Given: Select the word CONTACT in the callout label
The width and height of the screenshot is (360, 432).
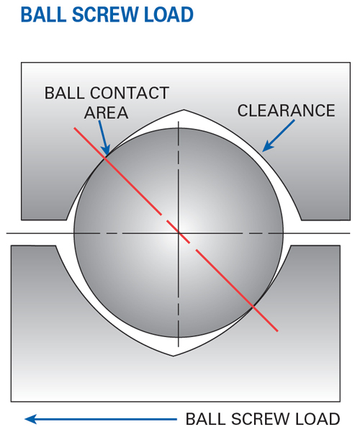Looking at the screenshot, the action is [x=130, y=93].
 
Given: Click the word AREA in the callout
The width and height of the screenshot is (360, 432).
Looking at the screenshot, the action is [x=107, y=113].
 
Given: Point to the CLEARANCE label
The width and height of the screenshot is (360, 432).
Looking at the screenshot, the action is [x=286, y=110].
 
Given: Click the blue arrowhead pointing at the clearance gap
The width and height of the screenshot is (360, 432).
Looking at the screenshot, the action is [x=267, y=147].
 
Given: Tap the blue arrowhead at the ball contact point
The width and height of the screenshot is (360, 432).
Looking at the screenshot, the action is [x=106, y=150].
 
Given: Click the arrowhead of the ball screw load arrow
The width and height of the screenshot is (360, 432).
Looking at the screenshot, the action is [x=31, y=419].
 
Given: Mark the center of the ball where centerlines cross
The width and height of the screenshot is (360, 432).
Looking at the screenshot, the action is [x=179, y=233].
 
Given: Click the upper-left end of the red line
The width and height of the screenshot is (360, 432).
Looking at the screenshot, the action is [x=74, y=128].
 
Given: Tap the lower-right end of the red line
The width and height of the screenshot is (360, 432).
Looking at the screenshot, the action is [x=277, y=330].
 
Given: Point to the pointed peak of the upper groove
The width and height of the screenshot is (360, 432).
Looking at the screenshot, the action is [x=184, y=110].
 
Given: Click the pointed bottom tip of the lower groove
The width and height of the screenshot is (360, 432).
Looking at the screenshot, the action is [x=174, y=356].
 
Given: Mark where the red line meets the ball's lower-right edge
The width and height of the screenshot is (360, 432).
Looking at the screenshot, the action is [x=253, y=306].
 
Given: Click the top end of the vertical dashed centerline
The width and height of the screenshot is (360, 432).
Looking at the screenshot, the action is [x=179, y=122].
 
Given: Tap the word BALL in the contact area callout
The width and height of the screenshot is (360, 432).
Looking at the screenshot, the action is [x=65, y=93].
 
